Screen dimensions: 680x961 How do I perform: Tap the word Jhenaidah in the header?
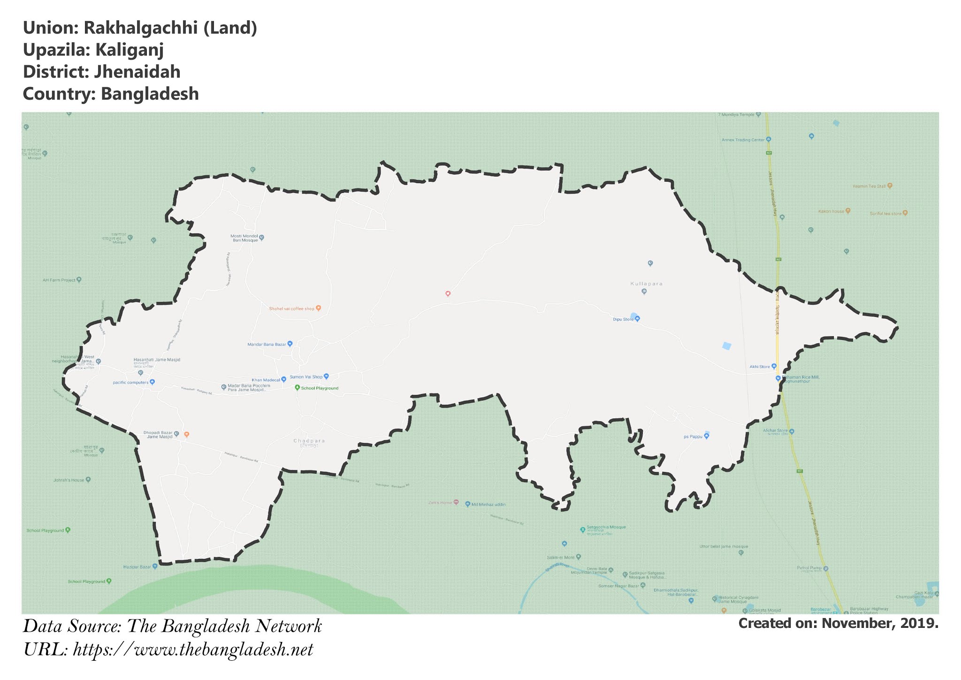(x=137, y=72)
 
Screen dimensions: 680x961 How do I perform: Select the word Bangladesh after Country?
(x=150, y=94)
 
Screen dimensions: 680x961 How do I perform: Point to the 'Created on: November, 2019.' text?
(x=838, y=623)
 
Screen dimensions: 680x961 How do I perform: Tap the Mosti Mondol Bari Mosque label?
(x=244, y=238)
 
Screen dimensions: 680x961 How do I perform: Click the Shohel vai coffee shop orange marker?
(x=318, y=309)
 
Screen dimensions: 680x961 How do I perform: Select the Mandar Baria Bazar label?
(x=267, y=344)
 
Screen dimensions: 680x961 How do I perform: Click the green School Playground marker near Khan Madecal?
(x=297, y=388)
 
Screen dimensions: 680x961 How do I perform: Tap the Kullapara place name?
(x=646, y=284)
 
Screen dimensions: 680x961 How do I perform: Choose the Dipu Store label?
(x=623, y=319)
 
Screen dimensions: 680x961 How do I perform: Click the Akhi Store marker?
(x=774, y=366)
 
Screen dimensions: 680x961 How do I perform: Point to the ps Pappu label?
(x=693, y=437)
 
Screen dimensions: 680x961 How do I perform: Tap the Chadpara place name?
(x=309, y=441)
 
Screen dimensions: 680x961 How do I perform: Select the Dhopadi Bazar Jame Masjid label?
(x=158, y=435)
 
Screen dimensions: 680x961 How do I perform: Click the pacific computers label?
(x=130, y=383)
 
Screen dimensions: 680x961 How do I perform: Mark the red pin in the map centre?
(x=448, y=294)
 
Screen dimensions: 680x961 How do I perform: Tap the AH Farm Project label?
(x=59, y=280)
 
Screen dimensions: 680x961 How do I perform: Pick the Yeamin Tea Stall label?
(x=869, y=186)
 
